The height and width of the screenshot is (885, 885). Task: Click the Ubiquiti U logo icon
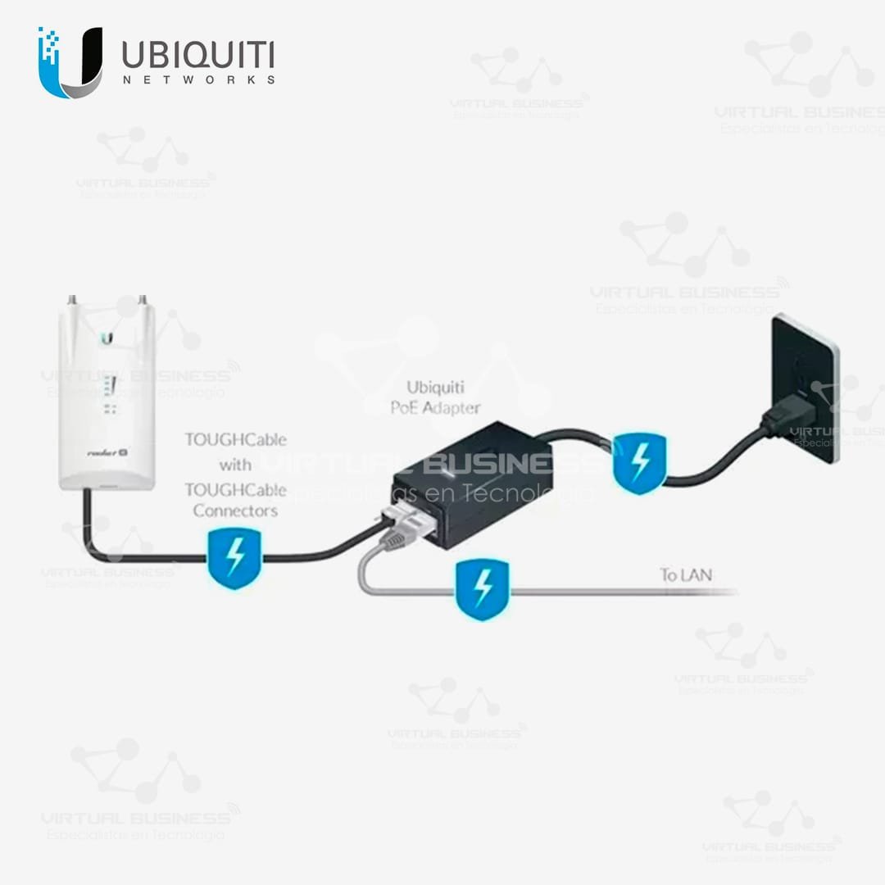[x=70, y=61]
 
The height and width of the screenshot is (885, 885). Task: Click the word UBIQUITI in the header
[x=197, y=55]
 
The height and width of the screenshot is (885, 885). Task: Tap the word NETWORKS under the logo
[x=197, y=80]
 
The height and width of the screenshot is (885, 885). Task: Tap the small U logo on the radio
[x=107, y=338]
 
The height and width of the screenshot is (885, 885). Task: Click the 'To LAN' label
[x=686, y=574]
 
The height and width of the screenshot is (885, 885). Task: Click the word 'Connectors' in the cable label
[x=235, y=511]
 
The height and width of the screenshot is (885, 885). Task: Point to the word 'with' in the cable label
[x=235, y=465]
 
